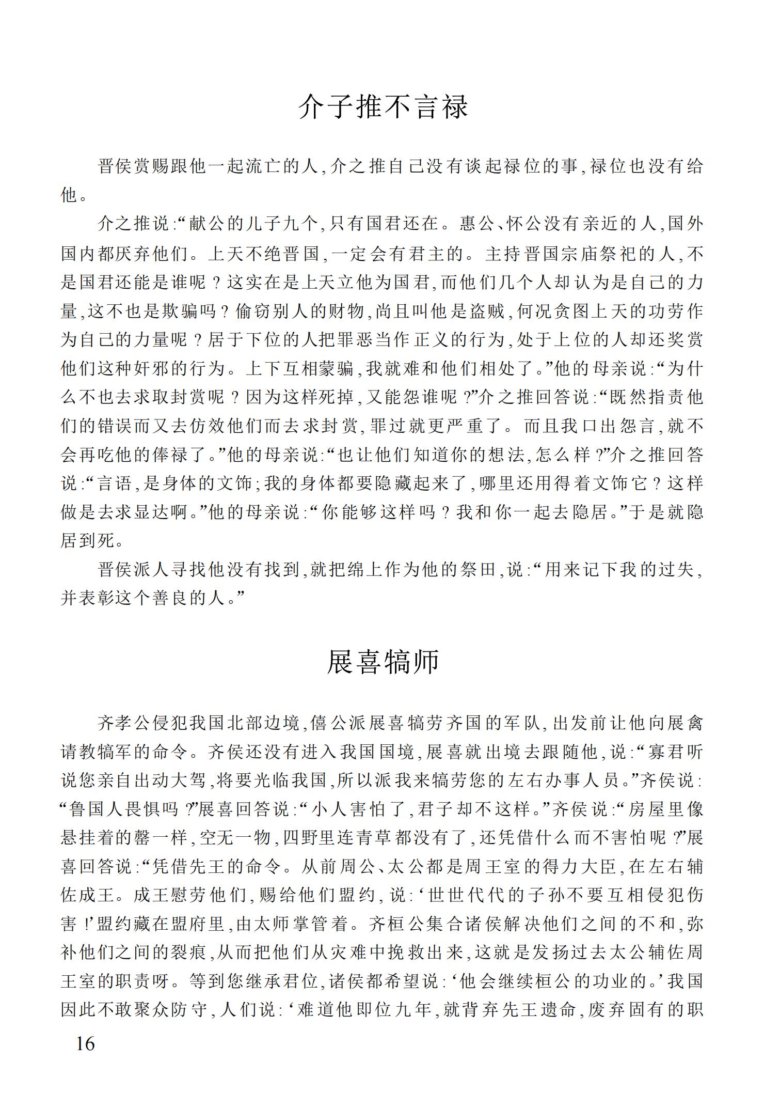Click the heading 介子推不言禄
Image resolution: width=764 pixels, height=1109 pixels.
[x=383, y=107]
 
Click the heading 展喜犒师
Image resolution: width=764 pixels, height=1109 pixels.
[x=383, y=662]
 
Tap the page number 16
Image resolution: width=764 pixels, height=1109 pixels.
[x=85, y=1044]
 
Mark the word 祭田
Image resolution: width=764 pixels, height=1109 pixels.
[x=479, y=570]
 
